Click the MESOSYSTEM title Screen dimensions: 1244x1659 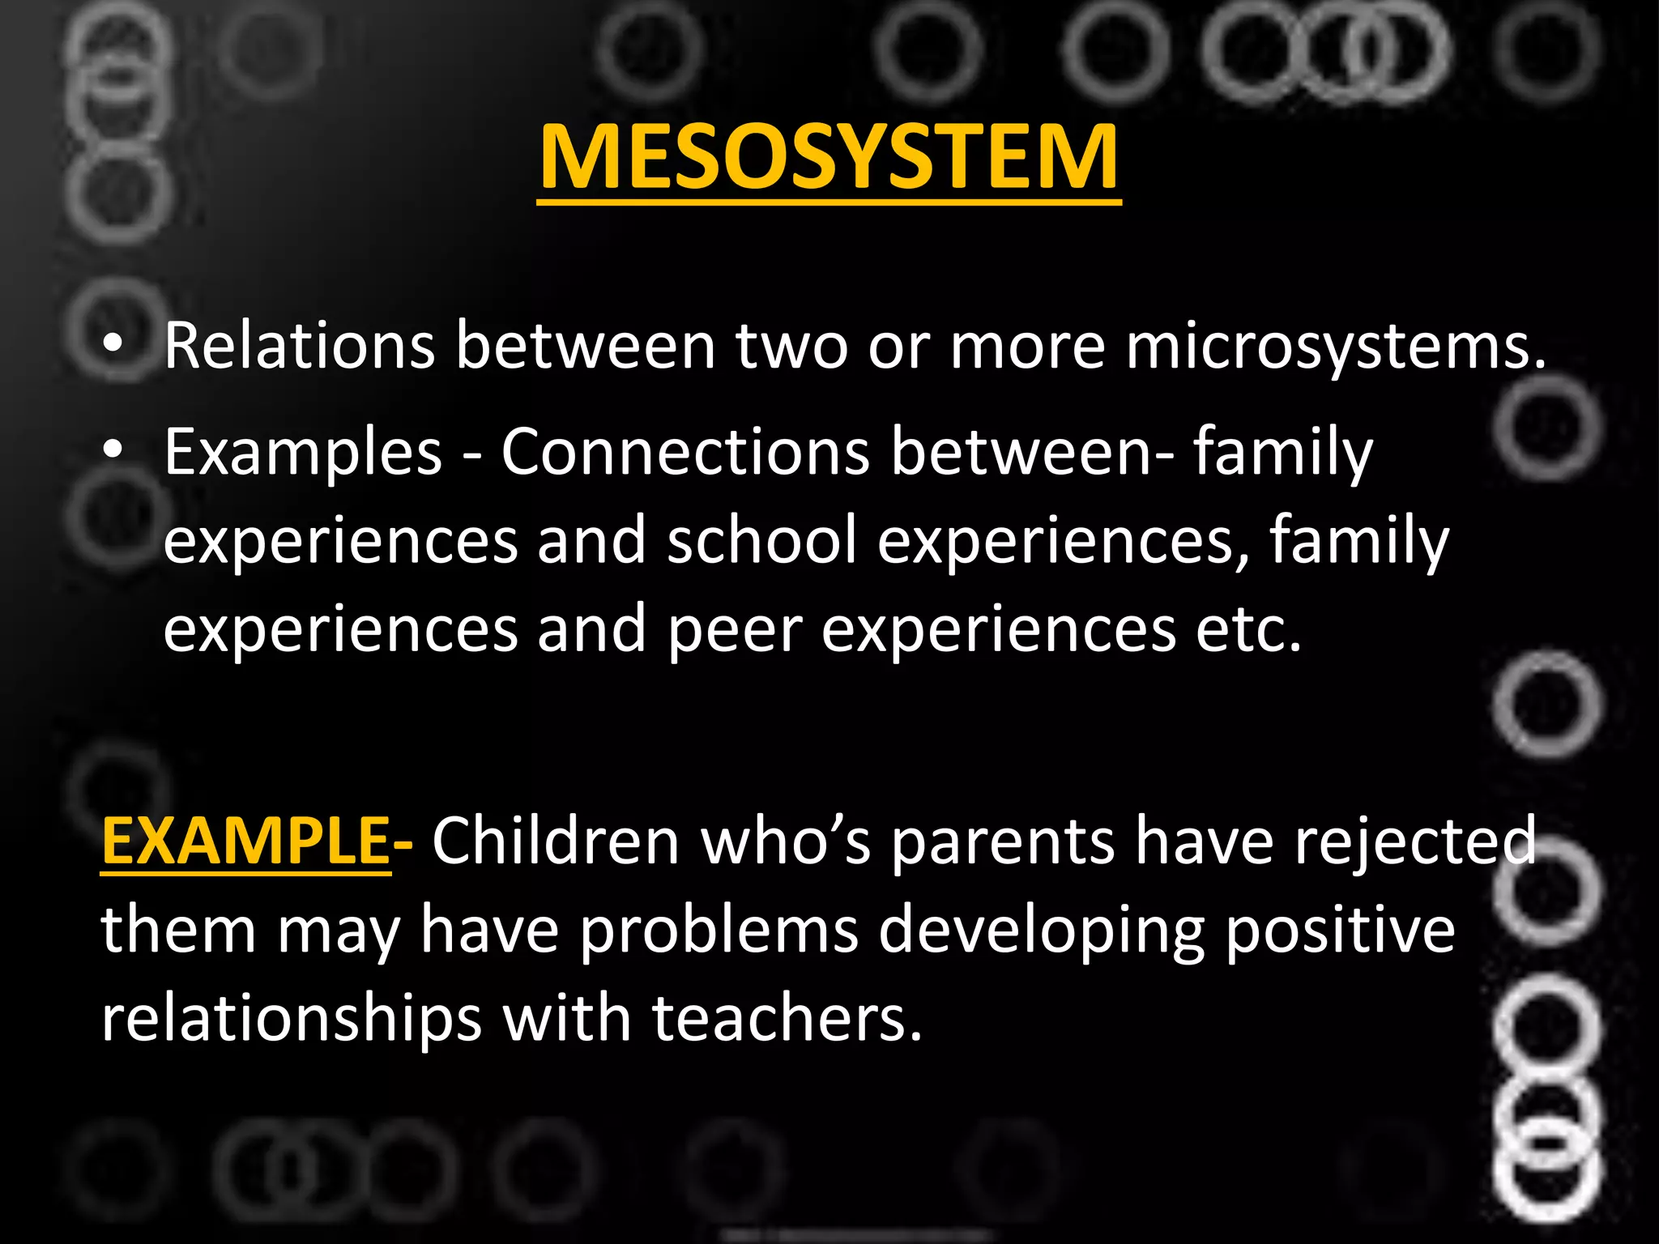coord(829,157)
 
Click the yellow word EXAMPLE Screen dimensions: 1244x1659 coord(246,841)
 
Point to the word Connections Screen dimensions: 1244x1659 coord(685,452)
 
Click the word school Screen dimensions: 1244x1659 coord(761,541)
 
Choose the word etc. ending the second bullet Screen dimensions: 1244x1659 coord(1248,630)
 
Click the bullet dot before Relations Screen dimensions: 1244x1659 coord(113,346)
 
